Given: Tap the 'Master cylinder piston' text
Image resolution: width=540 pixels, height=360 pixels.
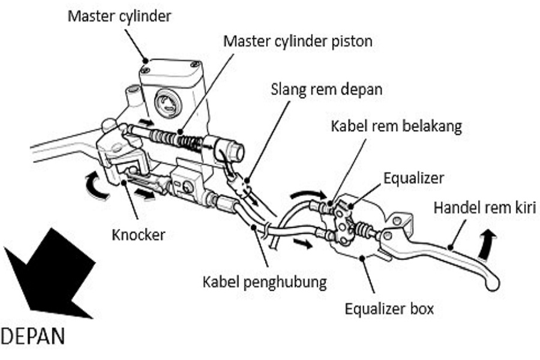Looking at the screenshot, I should pos(298,41).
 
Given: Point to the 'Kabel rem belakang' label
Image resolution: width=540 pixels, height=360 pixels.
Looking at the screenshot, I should pos(395,127).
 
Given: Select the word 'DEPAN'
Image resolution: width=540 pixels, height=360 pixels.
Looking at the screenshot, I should pos(34,336).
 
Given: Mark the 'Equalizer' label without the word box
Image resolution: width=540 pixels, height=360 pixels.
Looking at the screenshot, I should pos(413,178).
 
